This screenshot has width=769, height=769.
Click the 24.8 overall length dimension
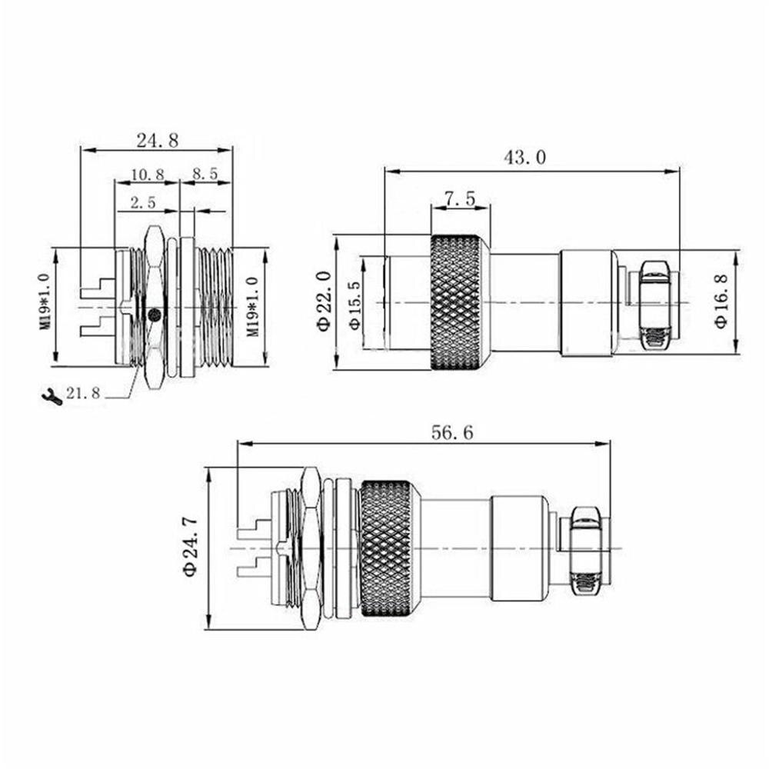point(157,140)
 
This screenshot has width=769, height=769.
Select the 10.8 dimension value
point(147,175)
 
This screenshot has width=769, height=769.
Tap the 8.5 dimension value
point(205,175)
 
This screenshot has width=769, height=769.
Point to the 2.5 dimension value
point(143,203)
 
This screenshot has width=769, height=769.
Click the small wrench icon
point(51,396)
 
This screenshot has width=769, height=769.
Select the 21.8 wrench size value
point(83,394)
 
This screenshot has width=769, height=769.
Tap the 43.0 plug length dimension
point(524,158)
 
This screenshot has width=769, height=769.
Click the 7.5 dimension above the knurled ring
point(460,198)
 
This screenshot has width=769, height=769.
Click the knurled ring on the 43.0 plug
point(459,302)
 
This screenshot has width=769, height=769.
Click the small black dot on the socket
point(155,315)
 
